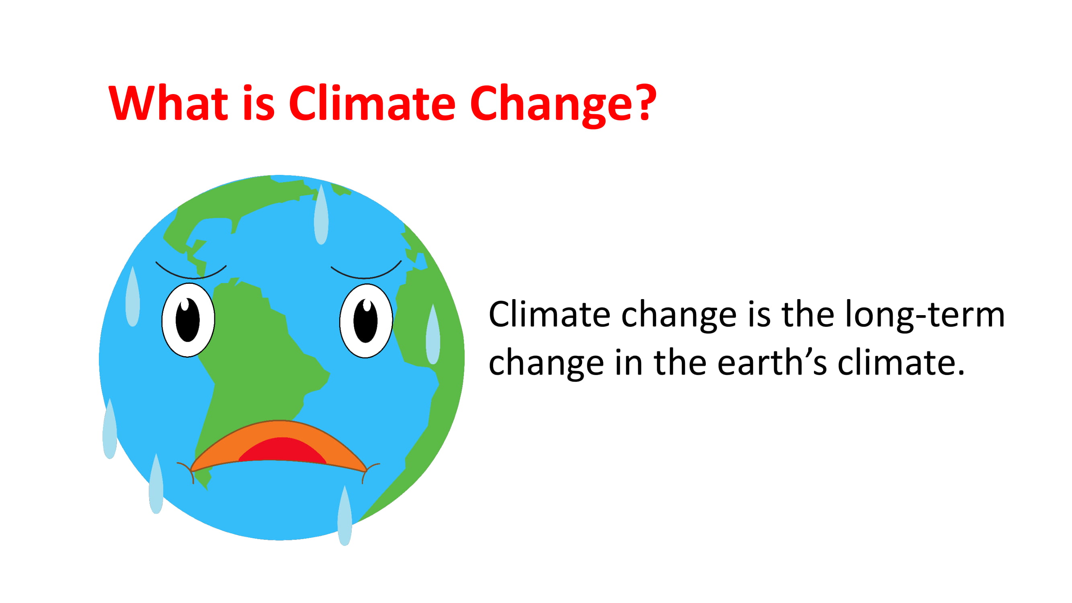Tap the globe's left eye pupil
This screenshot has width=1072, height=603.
click(188, 320)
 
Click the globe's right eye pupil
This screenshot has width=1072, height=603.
click(365, 320)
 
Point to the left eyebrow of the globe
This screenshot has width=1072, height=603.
click(191, 273)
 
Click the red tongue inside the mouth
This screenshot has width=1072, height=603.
click(283, 451)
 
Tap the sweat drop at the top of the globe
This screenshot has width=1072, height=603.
click(321, 215)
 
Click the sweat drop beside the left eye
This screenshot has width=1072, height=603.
click(132, 297)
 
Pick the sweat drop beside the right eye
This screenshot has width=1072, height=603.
click(433, 334)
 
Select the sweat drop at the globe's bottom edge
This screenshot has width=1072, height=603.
click(344, 516)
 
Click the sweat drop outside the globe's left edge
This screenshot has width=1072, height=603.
click(109, 429)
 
